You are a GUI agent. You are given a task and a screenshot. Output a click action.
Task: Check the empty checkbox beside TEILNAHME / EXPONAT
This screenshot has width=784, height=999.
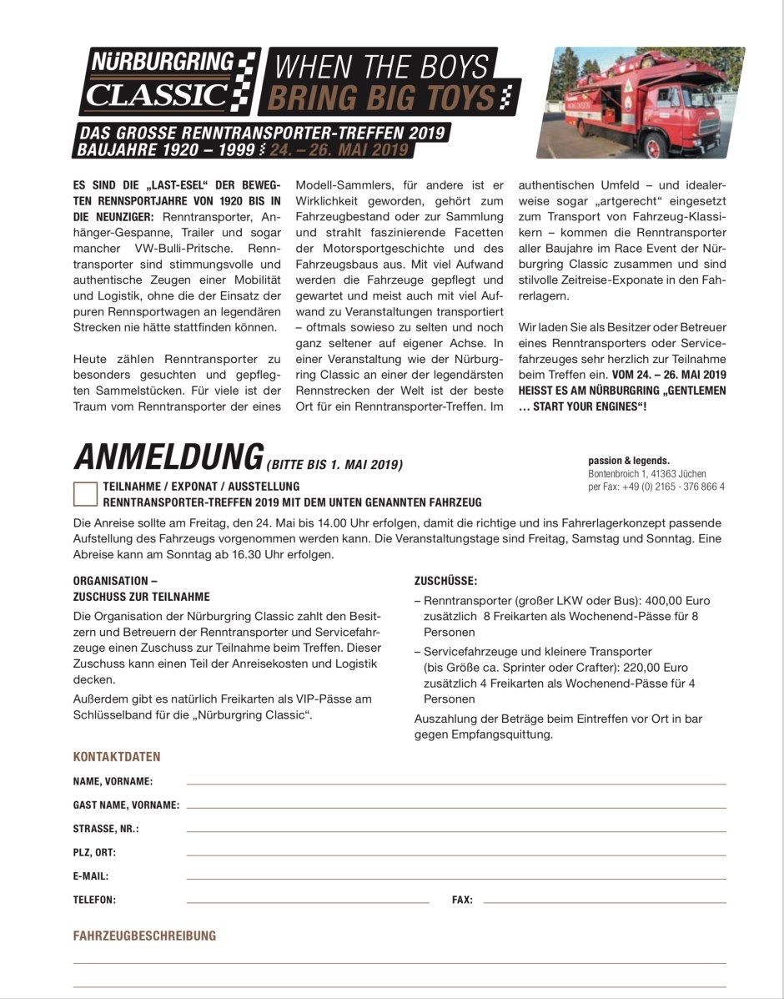coord(85,493)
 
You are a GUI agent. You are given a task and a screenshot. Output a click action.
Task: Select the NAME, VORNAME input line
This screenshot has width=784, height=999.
coord(455,783)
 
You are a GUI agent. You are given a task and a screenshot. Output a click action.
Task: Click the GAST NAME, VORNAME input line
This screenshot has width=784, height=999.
coord(455,806)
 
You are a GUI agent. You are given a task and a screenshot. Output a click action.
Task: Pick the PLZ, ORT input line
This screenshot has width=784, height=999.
coord(455,854)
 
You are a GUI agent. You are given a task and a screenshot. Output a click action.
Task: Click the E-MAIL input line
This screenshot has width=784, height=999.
coord(455,878)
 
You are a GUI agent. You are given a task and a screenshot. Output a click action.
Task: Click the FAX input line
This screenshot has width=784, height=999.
coord(604,901)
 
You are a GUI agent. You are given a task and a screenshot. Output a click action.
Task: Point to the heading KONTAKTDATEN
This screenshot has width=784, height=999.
coord(117,757)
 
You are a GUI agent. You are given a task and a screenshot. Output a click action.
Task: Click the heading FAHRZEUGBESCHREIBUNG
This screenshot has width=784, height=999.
coord(144,936)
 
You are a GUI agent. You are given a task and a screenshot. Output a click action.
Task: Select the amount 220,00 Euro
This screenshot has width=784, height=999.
coord(646,667)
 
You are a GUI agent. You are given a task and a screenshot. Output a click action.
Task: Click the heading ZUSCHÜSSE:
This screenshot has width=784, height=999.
coord(446,581)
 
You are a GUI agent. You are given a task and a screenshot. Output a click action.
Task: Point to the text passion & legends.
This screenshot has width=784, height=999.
coord(629,461)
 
